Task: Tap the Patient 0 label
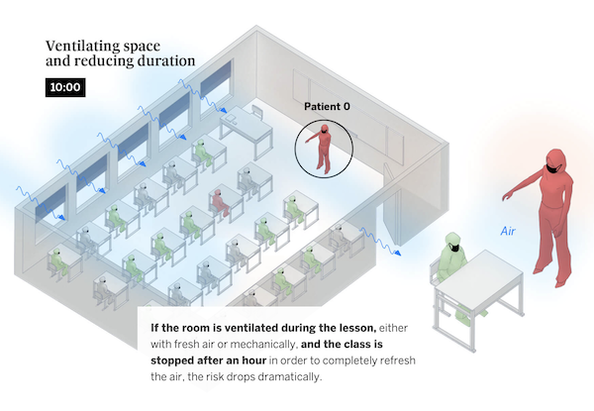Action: tap(326, 105)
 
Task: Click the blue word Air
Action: tap(509, 231)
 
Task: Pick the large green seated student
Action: tap(451, 266)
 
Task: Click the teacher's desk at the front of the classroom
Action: tap(247, 126)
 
